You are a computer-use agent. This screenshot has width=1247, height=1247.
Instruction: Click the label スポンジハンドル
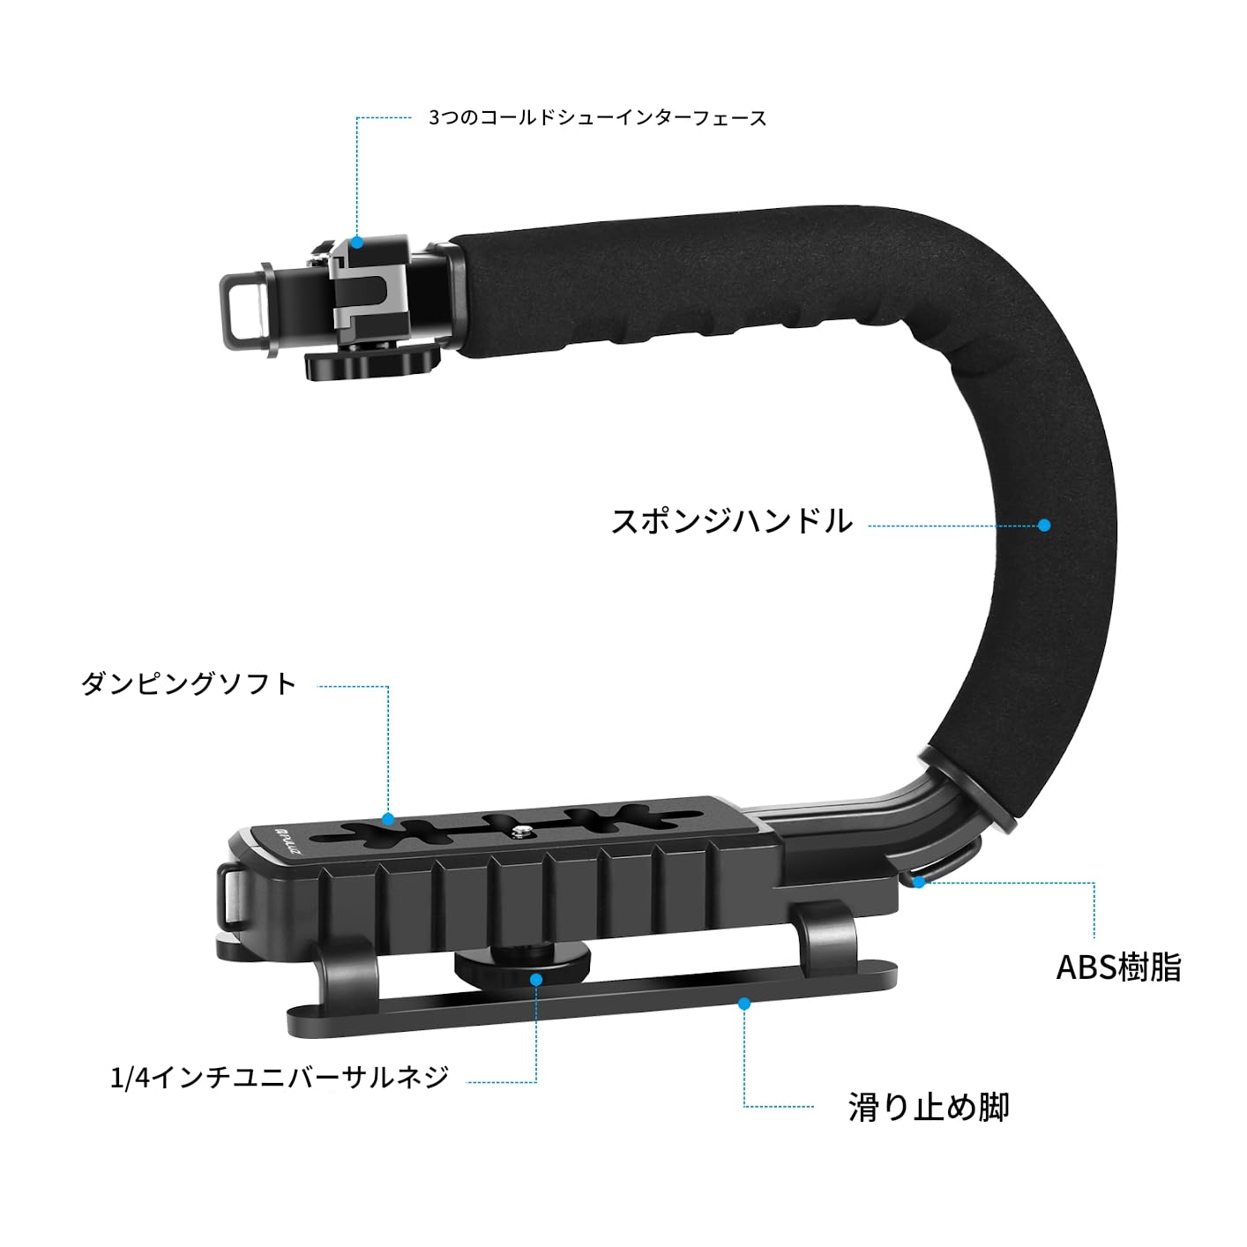tap(731, 521)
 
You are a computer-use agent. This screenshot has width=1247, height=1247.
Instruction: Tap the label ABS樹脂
tap(1118, 967)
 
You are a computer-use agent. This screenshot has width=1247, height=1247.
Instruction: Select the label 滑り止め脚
tap(929, 1107)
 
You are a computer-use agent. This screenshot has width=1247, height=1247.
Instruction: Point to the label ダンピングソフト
tap(189, 683)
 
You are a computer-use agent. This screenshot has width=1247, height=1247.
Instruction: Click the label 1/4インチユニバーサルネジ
tap(280, 1077)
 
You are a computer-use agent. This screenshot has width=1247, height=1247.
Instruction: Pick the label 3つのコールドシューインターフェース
tap(597, 118)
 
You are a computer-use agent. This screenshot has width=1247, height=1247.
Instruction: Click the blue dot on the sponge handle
tap(1044, 525)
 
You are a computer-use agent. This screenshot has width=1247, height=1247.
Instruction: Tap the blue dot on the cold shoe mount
tap(357, 242)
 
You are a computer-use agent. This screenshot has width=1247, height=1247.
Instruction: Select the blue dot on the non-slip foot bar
tap(744, 1003)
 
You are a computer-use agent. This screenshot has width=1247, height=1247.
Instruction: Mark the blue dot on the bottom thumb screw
tap(535, 978)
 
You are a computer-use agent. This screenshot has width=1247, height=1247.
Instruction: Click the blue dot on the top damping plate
tap(387, 818)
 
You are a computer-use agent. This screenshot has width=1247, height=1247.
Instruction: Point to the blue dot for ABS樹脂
tap(919, 881)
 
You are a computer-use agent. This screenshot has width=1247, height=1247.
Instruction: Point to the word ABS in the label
tap(1086, 967)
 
